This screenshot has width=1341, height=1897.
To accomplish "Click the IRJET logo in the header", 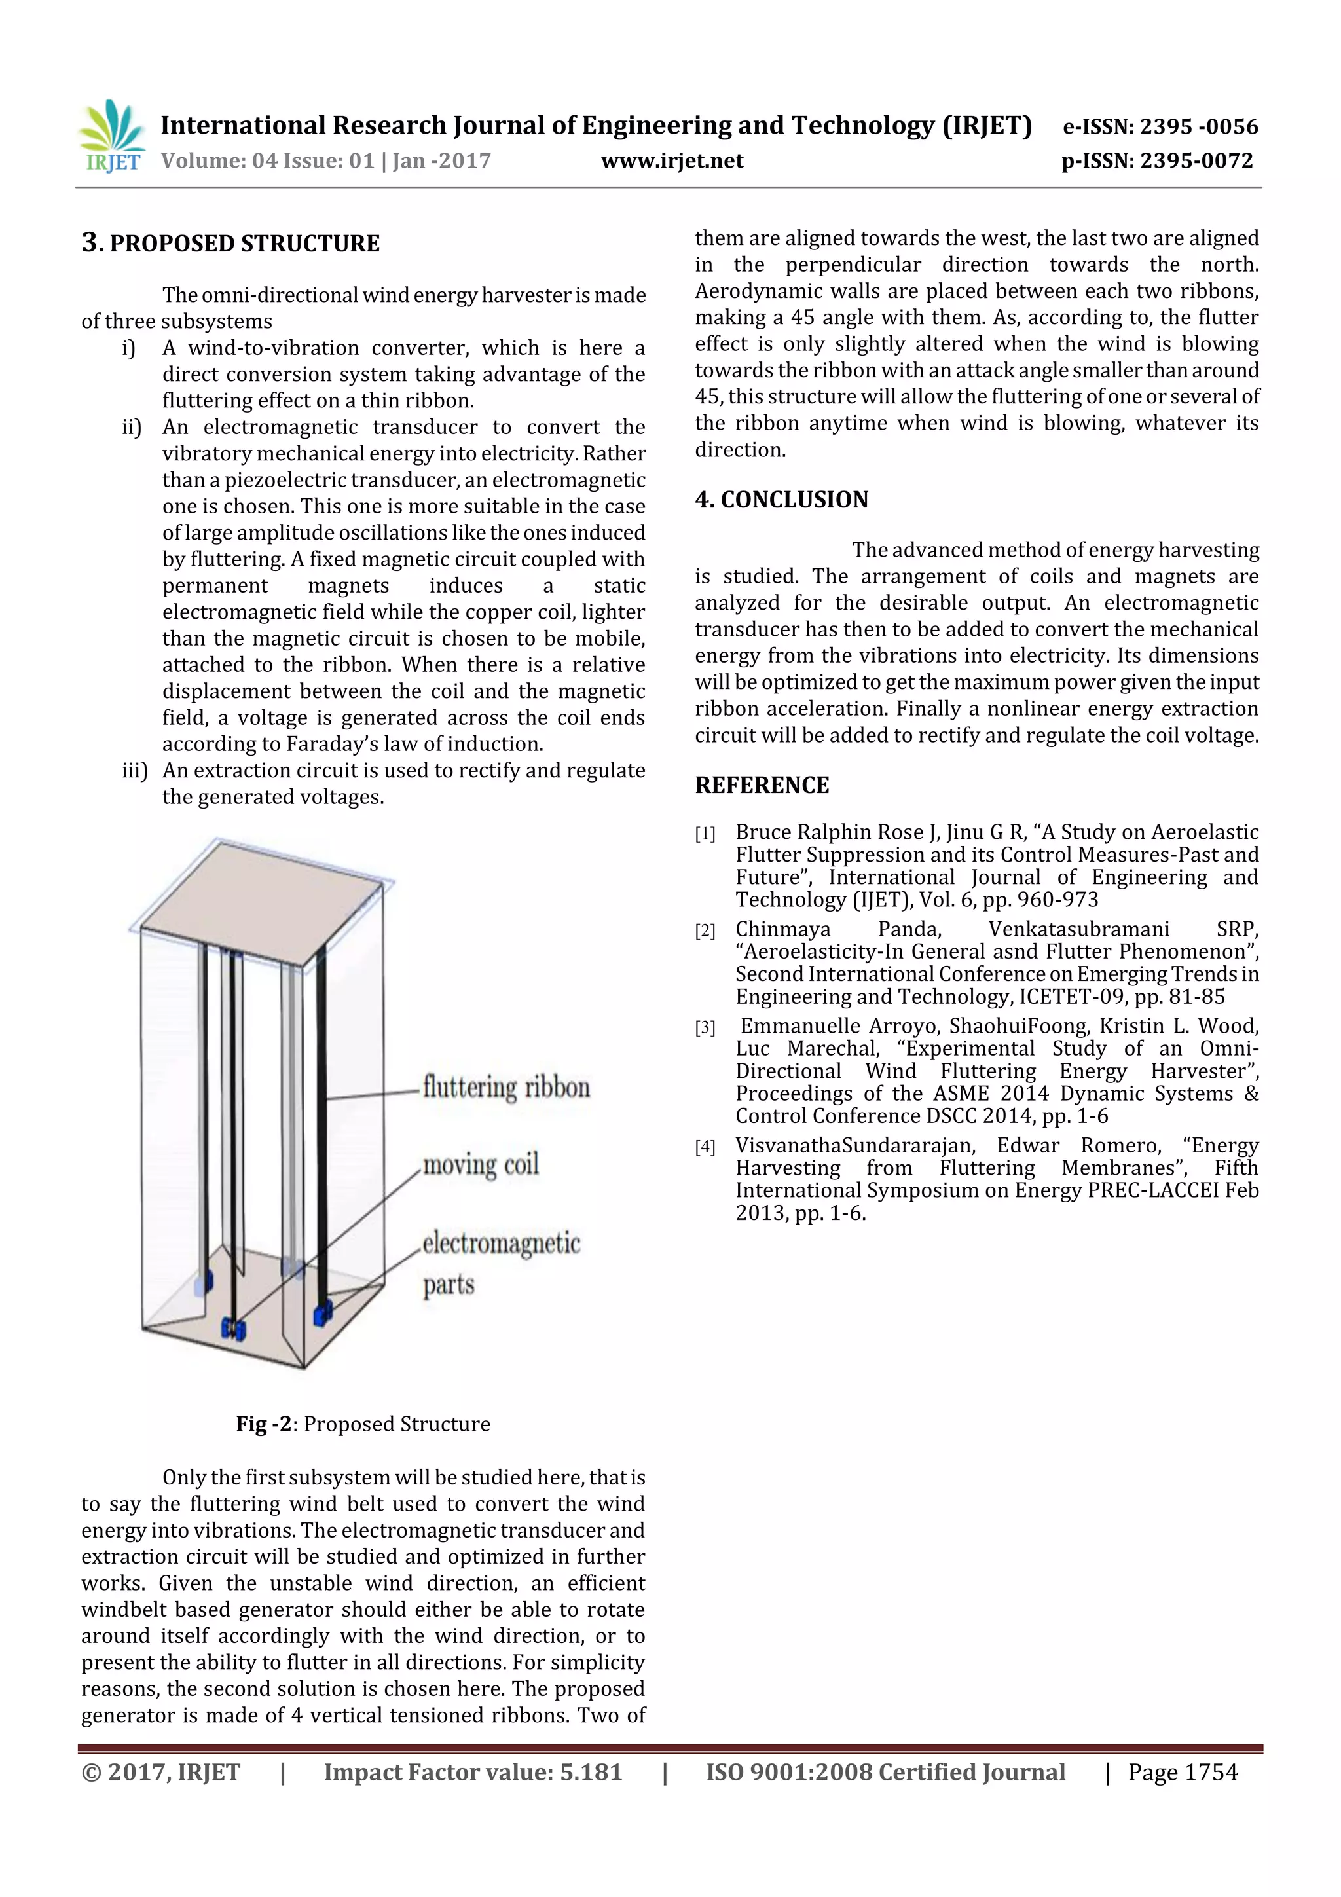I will coord(111,136).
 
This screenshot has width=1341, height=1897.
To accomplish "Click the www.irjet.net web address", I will coord(672,161).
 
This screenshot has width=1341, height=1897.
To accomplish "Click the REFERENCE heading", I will coord(761,785).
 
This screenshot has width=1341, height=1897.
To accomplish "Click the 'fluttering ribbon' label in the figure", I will coord(505,1087).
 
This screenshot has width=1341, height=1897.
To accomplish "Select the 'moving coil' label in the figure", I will coord(480,1165).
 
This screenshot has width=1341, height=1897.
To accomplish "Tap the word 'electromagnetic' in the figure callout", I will coord(501,1243).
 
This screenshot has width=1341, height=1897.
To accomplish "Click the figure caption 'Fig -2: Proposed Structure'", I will coord(363,1424).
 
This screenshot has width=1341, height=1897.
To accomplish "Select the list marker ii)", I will coord(132,427).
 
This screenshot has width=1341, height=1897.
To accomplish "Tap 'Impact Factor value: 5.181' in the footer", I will coord(472,1772).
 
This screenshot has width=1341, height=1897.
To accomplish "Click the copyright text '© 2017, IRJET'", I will coord(160,1772).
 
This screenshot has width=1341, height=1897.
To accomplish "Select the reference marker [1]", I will coord(705,834).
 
